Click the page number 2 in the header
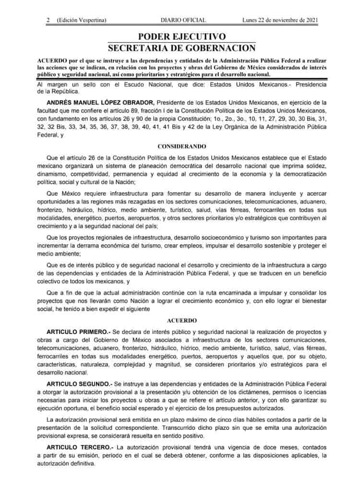(48, 20)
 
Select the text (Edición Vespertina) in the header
(82, 20)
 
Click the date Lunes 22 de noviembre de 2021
(280, 20)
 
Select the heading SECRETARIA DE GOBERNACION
(182, 48)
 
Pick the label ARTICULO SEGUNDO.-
(79, 384)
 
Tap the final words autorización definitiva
(66, 465)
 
